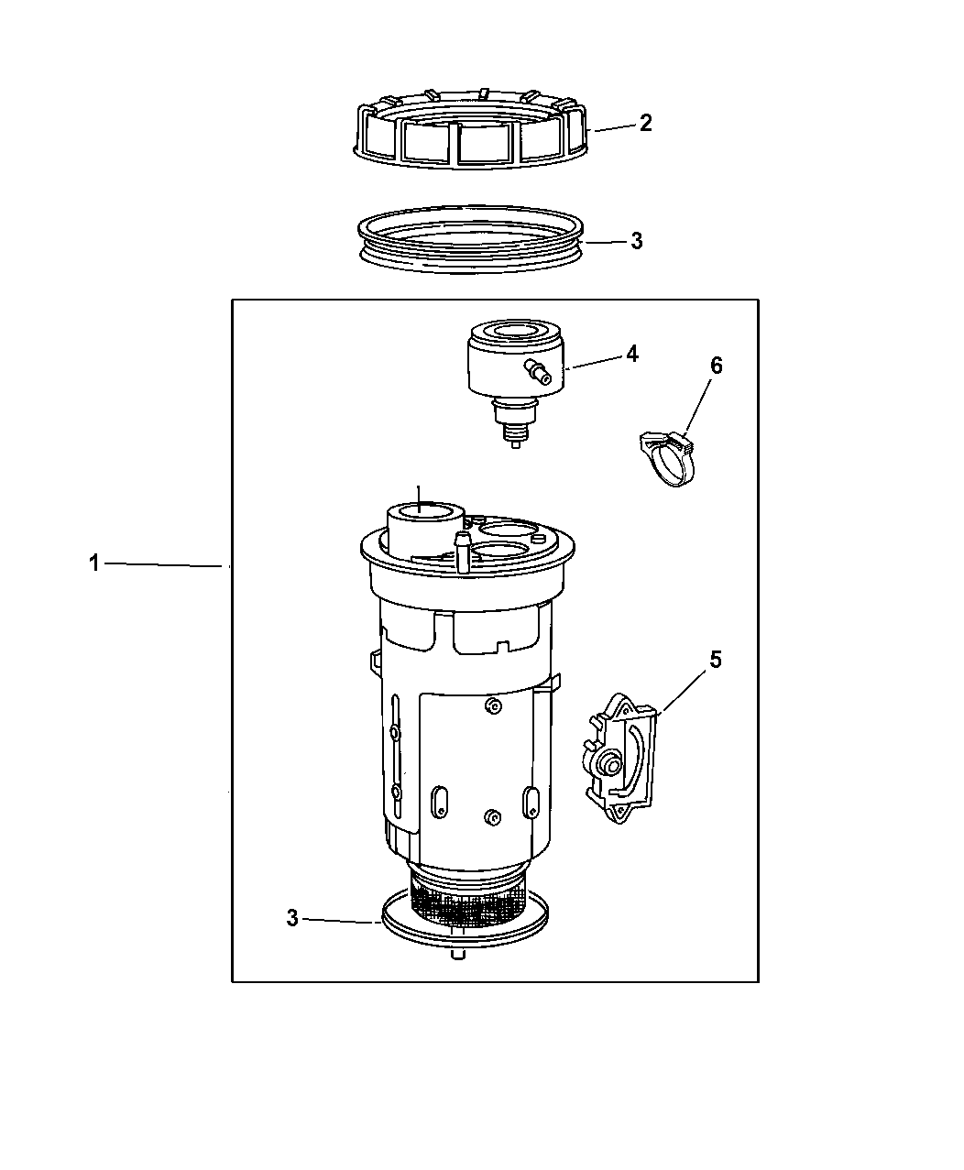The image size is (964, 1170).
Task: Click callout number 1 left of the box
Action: click(x=94, y=563)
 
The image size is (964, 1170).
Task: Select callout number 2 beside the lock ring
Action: click(x=646, y=123)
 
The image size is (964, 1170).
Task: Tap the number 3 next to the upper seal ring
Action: click(x=637, y=240)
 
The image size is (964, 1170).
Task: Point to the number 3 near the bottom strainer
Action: click(x=292, y=918)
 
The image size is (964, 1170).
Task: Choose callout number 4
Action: click(x=632, y=355)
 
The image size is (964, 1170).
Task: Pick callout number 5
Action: click(x=716, y=660)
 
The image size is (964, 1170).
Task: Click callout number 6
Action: click(x=717, y=366)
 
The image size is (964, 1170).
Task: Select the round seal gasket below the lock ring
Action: click(x=471, y=267)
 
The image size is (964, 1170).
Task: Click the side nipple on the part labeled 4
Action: click(x=537, y=372)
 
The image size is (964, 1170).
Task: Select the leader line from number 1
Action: click(x=163, y=564)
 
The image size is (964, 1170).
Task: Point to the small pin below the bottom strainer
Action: click(x=458, y=955)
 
